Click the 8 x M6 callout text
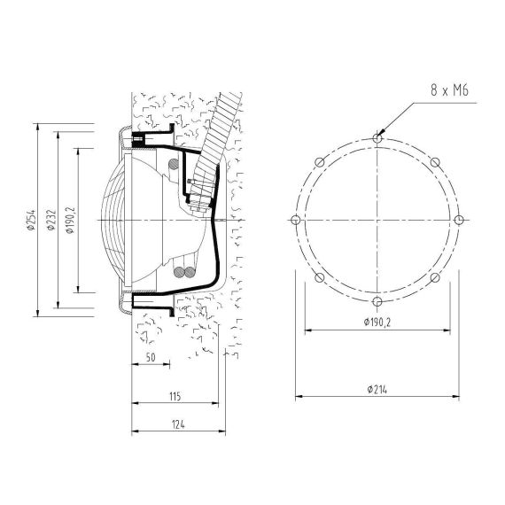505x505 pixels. [x=449, y=90]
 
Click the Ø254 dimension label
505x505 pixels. [x=31, y=220]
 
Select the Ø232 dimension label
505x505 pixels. [x=51, y=220]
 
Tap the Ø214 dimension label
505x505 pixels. [x=377, y=390]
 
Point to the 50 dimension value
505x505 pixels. [x=151, y=357]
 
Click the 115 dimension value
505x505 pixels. [x=175, y=396]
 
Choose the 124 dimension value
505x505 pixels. [x=178, y=424]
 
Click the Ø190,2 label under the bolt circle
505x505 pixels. [x=377, y=322]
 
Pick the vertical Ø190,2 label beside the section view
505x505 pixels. [x=71, y=220]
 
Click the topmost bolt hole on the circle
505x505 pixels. [x=377, y=138]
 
